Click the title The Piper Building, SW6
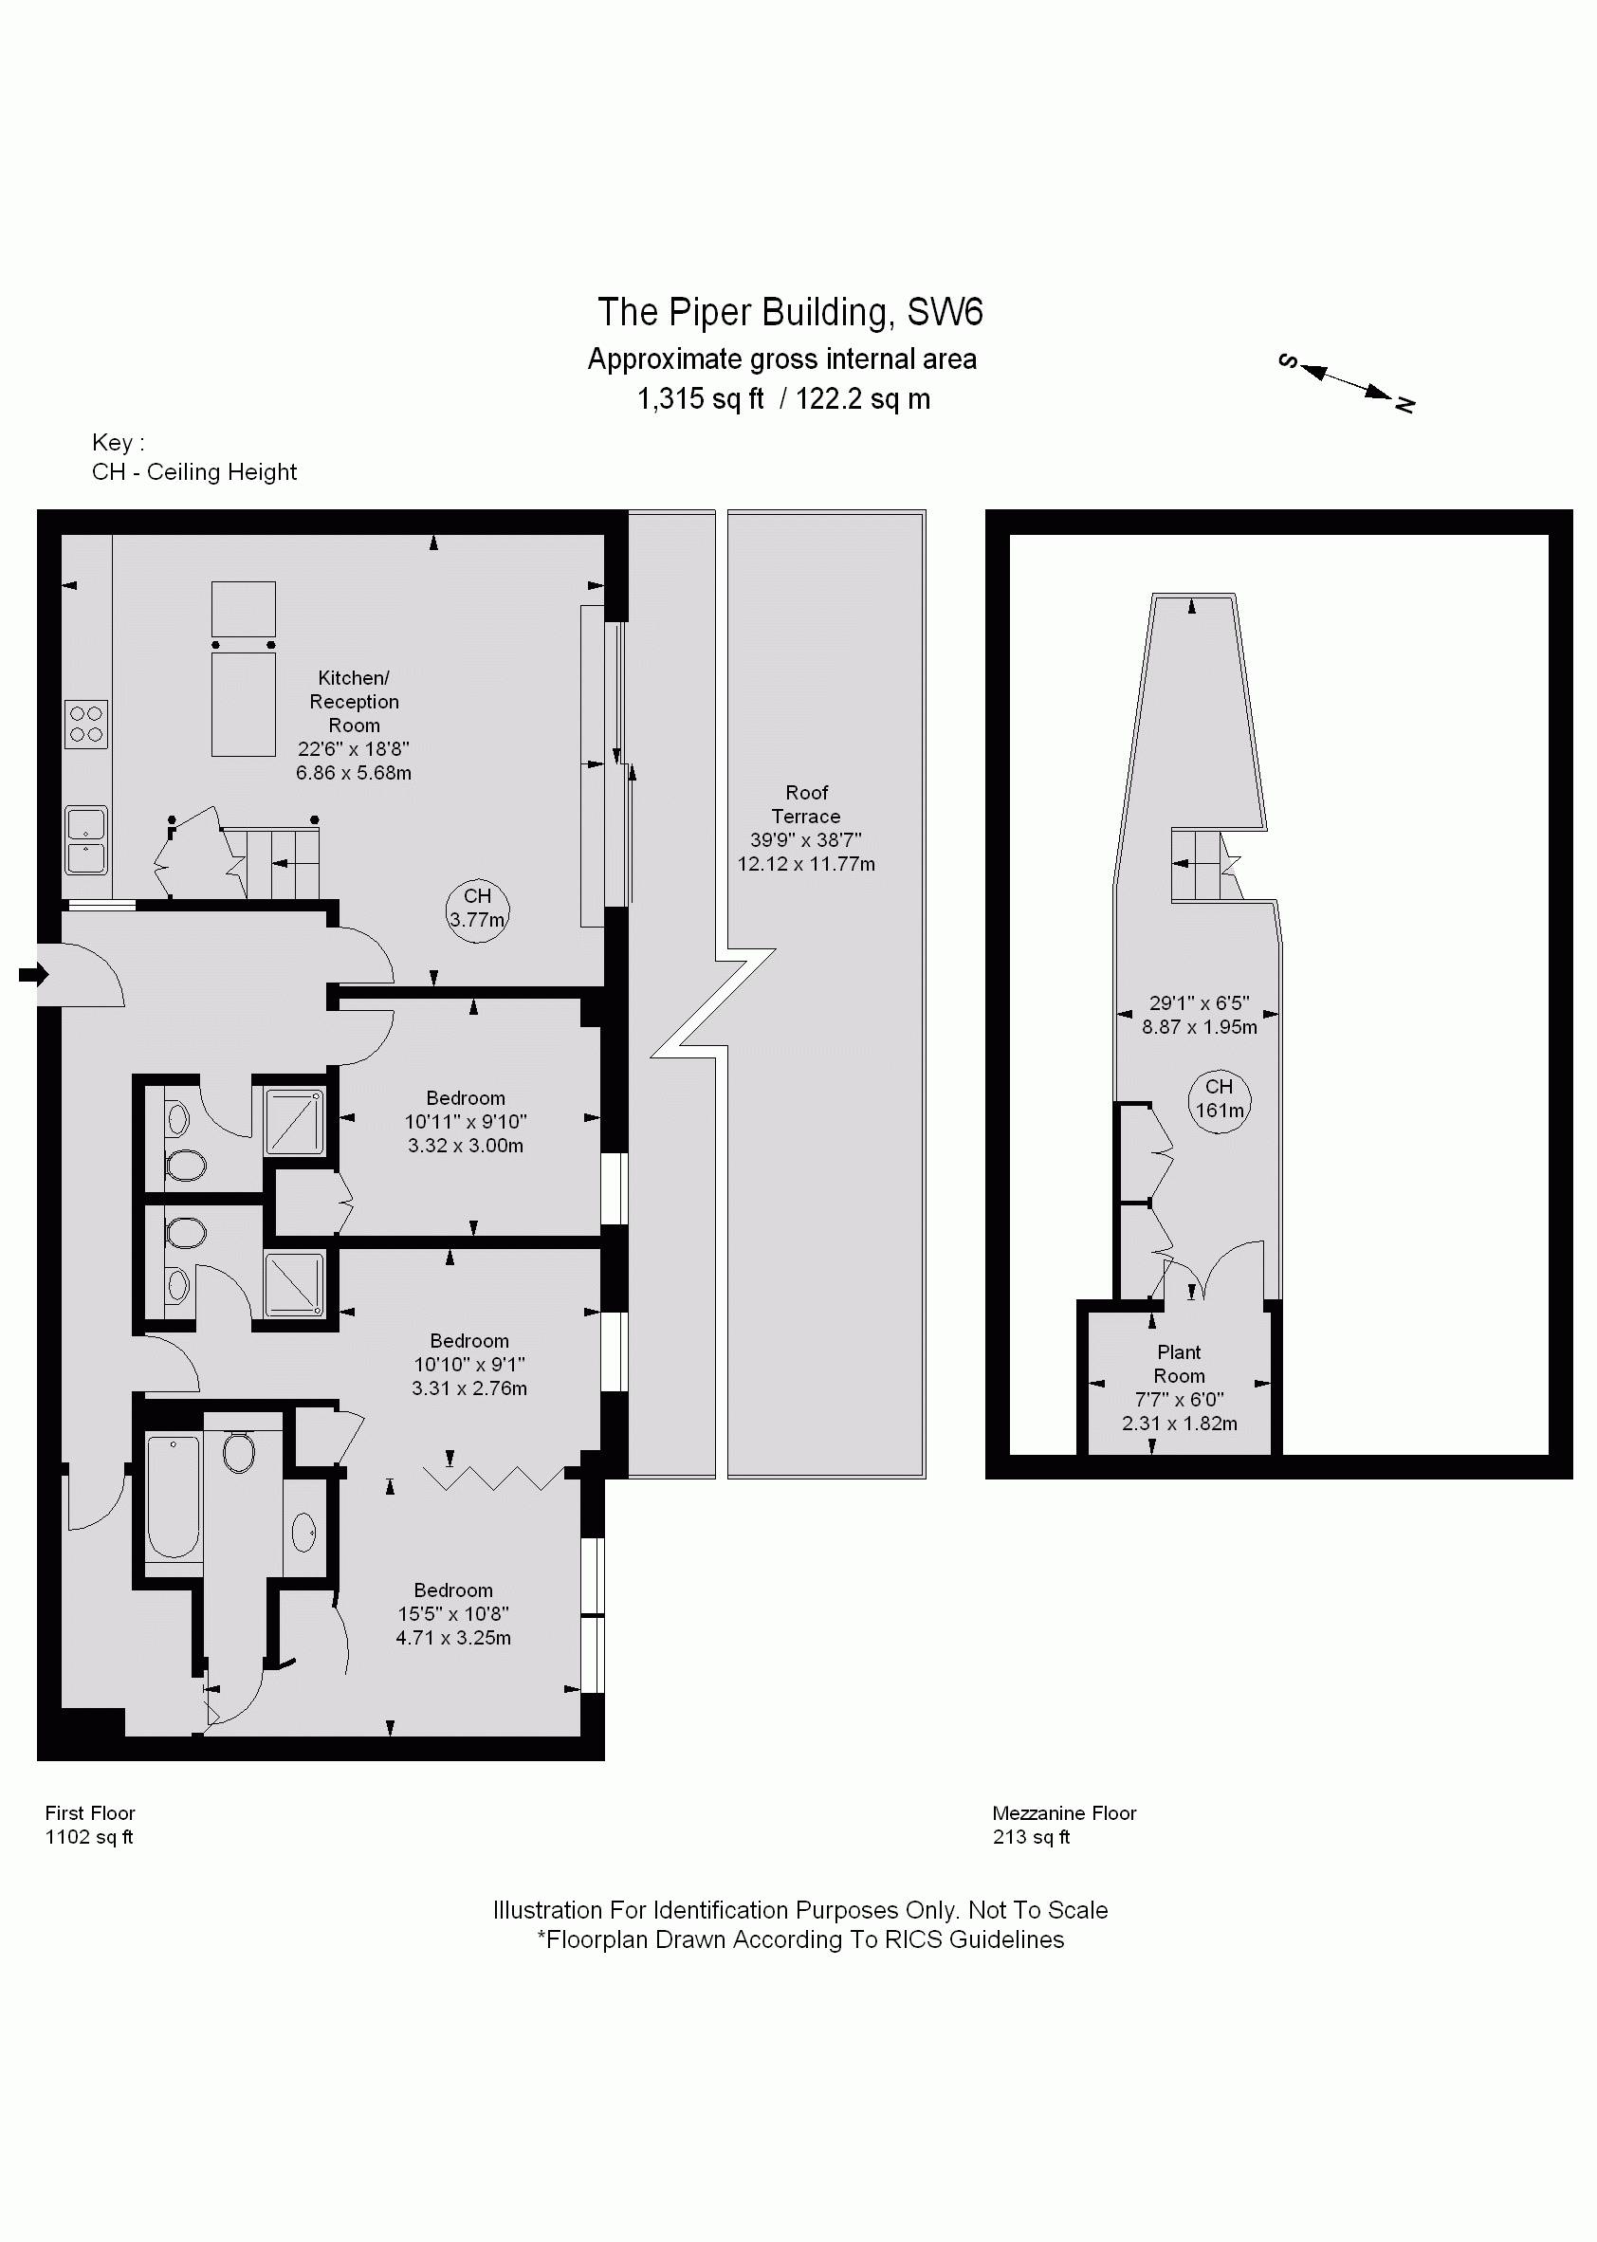[x=790, y=313]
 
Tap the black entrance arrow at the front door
[x=33, y=975]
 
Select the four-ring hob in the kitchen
[x=86, y=724]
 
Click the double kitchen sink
[x=86, y=839]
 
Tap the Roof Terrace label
[x=806, y=804]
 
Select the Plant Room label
[x=1179, y=1364]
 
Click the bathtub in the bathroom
[x=174, y=1497]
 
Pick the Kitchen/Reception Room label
[x=354, y=701]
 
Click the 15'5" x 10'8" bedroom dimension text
[x=453, y=1613]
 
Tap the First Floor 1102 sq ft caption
[x=89, y=1825]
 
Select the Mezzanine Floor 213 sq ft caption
[x=1064, y=1825]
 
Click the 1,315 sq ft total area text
[x=700, y=399]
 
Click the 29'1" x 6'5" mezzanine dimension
[x=1200, y=1003]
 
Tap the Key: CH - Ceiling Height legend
[x=193, y=457]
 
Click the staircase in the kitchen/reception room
[x=283, y=863]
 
